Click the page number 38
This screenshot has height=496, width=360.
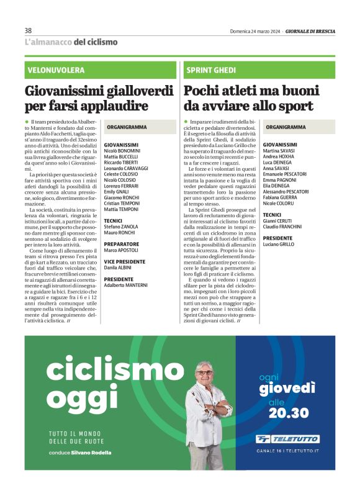click(28, 31)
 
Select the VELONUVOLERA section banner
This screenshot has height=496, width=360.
click(55, 70)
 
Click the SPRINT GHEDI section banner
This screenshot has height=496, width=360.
click(210, 70)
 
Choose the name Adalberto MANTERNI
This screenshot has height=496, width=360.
click(126, 285)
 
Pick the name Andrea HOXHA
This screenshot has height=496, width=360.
click(279, 156)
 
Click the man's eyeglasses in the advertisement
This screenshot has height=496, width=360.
click(204, 372)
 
